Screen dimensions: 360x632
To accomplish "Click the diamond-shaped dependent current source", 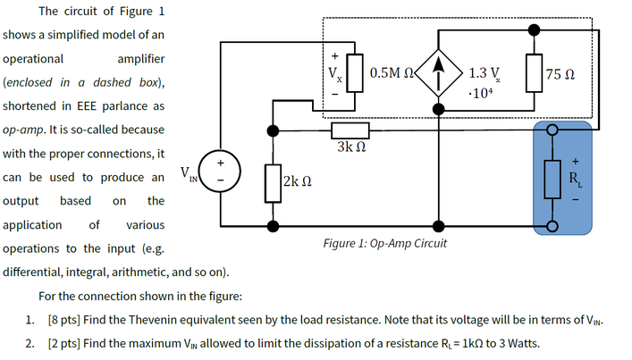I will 437,65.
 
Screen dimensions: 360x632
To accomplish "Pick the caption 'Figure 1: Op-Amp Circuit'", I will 384,243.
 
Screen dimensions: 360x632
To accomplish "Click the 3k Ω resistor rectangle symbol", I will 350,129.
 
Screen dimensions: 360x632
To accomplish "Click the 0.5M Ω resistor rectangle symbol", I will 359,69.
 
